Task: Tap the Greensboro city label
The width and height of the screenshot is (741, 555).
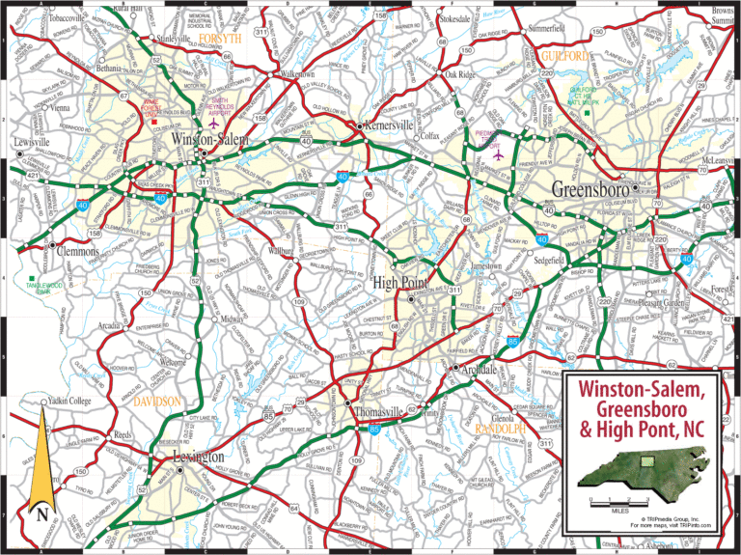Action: (x=590, y=188)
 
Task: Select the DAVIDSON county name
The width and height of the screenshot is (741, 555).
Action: (x=157, y=399)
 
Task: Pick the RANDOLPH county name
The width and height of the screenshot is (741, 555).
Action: (x=499, y=428)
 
